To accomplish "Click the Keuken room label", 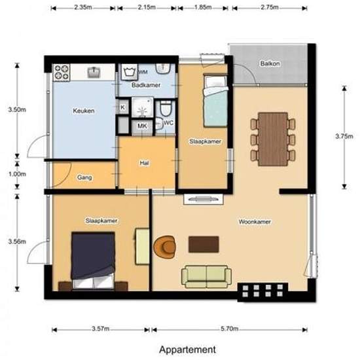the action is [x=84, y=111].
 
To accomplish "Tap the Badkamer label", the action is [x=146, y=85].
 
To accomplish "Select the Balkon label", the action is [x=270, y=63].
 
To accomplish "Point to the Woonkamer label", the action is [x=255, y=222].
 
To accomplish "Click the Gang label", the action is [x=84, y=177].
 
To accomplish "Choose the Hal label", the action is [x=145, y=163].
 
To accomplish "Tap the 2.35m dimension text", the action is [x=83, y=7].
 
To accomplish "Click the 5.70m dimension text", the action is [x=229, y=329].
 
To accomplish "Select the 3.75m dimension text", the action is [x=344, y=136].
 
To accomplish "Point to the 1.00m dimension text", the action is [x=17, y=174].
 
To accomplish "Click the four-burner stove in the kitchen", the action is [x=62, y=72].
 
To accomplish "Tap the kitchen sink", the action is [x=94, y=72].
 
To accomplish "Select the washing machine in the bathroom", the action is [x=129, y=72].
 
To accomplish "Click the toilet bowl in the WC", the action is [x=166, y=109].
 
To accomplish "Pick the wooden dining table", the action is [x=273, y=139].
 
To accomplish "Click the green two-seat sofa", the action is [x=206, y=277].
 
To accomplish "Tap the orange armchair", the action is [x=165, y=247].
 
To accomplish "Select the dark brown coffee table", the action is [x=204, y=245].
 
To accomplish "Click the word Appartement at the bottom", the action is [x=187, y=350].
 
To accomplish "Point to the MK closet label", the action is [x=142, y=126].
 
